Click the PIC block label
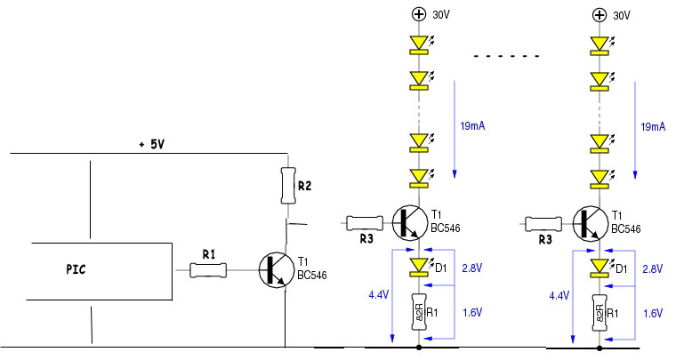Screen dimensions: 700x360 76,269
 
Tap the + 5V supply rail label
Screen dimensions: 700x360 152,145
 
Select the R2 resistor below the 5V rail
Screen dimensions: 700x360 288,186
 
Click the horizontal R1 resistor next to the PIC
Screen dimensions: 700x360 208,270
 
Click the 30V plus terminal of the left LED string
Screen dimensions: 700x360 419,14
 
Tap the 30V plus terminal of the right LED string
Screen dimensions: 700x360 599,15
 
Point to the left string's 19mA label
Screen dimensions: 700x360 472,126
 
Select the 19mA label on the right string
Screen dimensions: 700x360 653,127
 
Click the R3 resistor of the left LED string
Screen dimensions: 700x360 365,223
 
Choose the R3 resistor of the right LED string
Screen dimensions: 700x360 543,223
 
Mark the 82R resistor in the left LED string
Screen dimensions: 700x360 419,312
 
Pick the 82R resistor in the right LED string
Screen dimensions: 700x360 599,313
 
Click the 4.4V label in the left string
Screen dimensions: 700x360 379,295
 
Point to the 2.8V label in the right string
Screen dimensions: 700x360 653,269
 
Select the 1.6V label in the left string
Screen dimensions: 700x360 472,313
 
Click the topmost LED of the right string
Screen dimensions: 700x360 599,45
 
